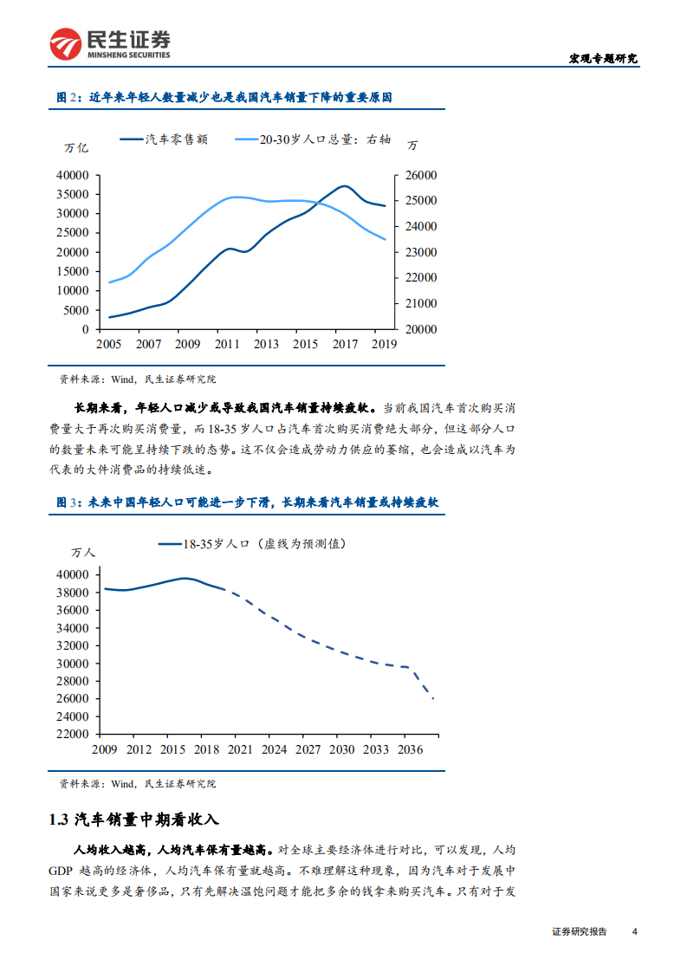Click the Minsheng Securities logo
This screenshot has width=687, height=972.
click(x=109, y=44)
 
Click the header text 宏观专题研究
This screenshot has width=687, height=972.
click(x=602, y=58)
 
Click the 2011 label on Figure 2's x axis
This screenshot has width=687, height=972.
click(x=226, y=344)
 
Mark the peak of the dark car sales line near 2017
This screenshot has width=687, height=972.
click(x=344, y=185)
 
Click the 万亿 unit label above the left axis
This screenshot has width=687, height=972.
click(x=76, y=147)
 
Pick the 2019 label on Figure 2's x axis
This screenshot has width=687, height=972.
click(x=383, y=344)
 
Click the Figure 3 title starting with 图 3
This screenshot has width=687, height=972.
click(x=247, y=502)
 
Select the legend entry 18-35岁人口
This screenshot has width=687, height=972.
click(x=251, y=544)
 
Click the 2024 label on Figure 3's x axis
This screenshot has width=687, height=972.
click(x=274, y=749)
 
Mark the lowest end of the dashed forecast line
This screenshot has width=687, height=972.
click(x=432, y=697)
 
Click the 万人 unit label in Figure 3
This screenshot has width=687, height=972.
click(x=84, y=551)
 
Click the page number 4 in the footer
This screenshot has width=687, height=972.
click(x=635, y=932)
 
